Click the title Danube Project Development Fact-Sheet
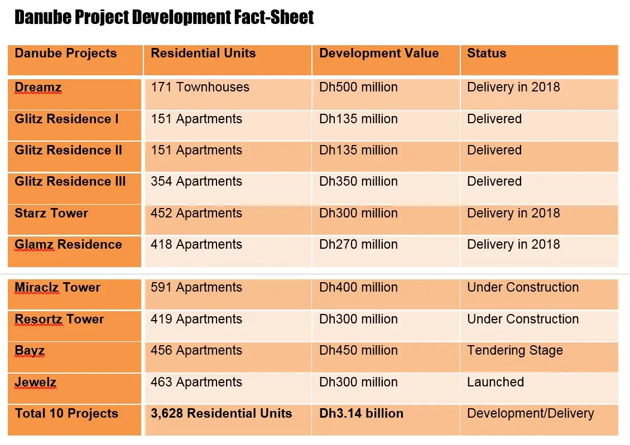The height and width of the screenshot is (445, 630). tap(164, 18)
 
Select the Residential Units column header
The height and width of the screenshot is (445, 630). tap(203, 54)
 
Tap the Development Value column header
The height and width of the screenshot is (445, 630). tap(379, 54)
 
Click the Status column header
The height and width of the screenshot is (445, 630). tap(487, 54)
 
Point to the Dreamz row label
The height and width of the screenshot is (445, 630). tap(38, 88)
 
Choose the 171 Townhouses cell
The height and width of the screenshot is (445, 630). tap(200, 88)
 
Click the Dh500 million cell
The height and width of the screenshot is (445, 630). tap(358, 88)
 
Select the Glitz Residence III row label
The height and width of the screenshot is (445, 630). tap(70, 182)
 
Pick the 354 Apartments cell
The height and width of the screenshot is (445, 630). tap(196, 182)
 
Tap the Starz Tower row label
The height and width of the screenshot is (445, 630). tap(51, 213)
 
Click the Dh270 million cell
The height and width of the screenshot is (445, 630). tap(358, 245)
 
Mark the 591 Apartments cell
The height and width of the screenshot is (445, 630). tap(196, 288)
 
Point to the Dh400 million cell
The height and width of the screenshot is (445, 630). tap(358, 288)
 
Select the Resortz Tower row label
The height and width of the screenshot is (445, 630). tap(59, 320)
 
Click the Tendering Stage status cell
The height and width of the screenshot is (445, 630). tap(514, 351)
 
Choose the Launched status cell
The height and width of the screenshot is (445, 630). tap(496, 383)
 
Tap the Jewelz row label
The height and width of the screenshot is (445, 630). tap(35, 383)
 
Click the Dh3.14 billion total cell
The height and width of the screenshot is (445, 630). tap(361, 414)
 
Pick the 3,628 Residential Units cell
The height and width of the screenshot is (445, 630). tap(221, 414)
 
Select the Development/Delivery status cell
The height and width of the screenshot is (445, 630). tap(530, 414)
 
